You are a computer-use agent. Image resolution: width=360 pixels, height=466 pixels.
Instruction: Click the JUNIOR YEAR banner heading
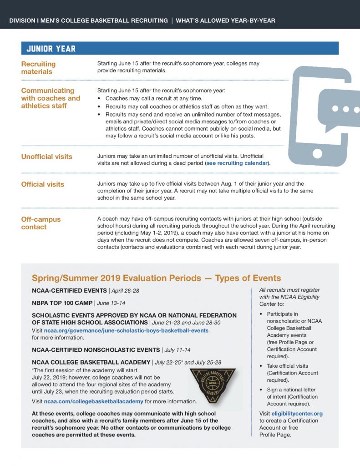[51, 49]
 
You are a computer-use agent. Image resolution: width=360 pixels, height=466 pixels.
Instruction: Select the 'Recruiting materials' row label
[38, 68]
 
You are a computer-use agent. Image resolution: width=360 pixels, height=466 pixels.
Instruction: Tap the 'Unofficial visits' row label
[46, 157]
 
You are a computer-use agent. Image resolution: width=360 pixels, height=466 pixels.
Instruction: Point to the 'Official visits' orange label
[42, 184]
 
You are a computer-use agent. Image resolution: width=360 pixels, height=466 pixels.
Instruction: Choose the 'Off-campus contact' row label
[41, 223]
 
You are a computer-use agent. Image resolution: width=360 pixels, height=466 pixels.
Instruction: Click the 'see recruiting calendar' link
[237, 163]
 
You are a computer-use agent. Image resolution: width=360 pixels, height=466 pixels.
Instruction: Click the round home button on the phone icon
[317, 152]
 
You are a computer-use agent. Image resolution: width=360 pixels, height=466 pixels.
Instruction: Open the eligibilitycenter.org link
[297, 414]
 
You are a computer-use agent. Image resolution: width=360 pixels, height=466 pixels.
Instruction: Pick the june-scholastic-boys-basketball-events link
[126, 330]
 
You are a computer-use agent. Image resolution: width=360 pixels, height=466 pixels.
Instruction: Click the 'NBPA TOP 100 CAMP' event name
[61, 303]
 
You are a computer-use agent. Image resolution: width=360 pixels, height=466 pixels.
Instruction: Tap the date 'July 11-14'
[177, 350]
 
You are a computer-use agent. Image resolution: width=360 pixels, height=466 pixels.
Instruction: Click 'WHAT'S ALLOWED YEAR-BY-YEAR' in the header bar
[225, 20]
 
